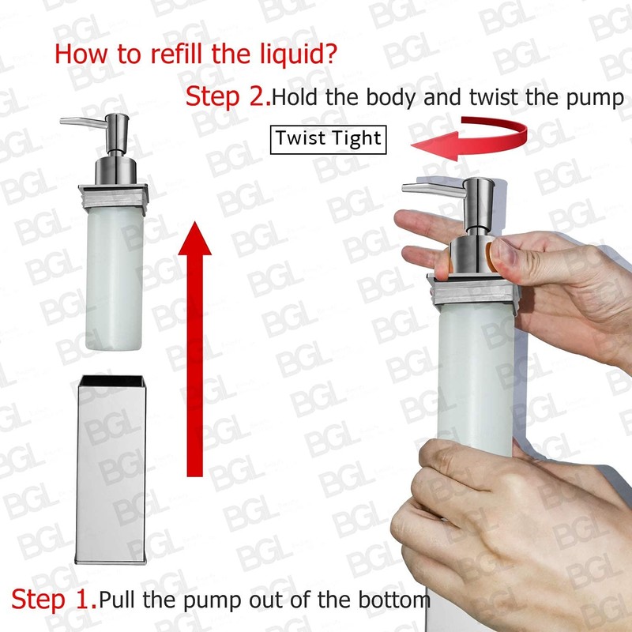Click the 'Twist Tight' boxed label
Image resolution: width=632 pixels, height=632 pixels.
click(x=328, y=139)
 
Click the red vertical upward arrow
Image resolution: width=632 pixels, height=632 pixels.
click(x=194, y=348)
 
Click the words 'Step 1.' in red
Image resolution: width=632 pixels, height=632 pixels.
click(x=54, y=599)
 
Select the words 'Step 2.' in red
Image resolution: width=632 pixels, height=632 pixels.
click(x=228, y=97)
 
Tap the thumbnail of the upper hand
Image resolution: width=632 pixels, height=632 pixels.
click(x=498, y=254)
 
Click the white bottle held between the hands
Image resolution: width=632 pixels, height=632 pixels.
click(x=474, y=371)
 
